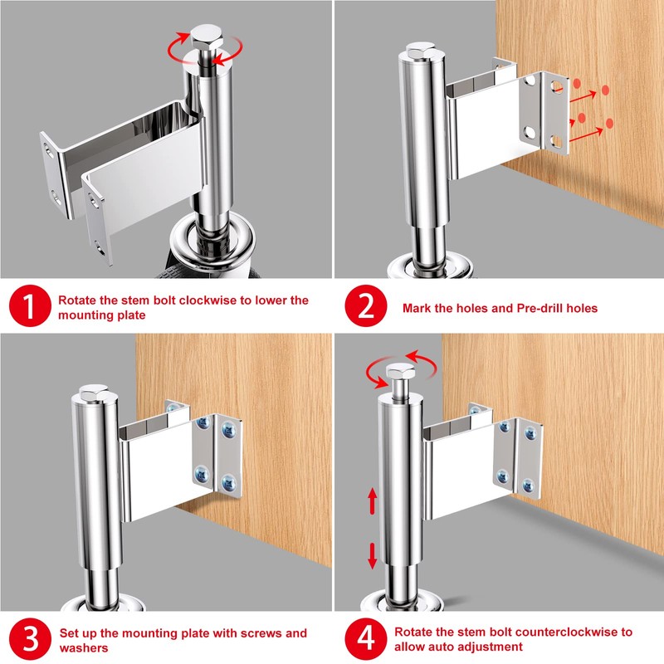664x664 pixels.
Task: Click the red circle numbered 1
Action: (x=30, y=307)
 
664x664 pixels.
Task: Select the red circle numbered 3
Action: (x=30, y=639)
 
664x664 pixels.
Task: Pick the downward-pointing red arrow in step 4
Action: (x=373, y=554)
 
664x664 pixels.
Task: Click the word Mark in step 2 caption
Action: (x=417, y=308)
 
